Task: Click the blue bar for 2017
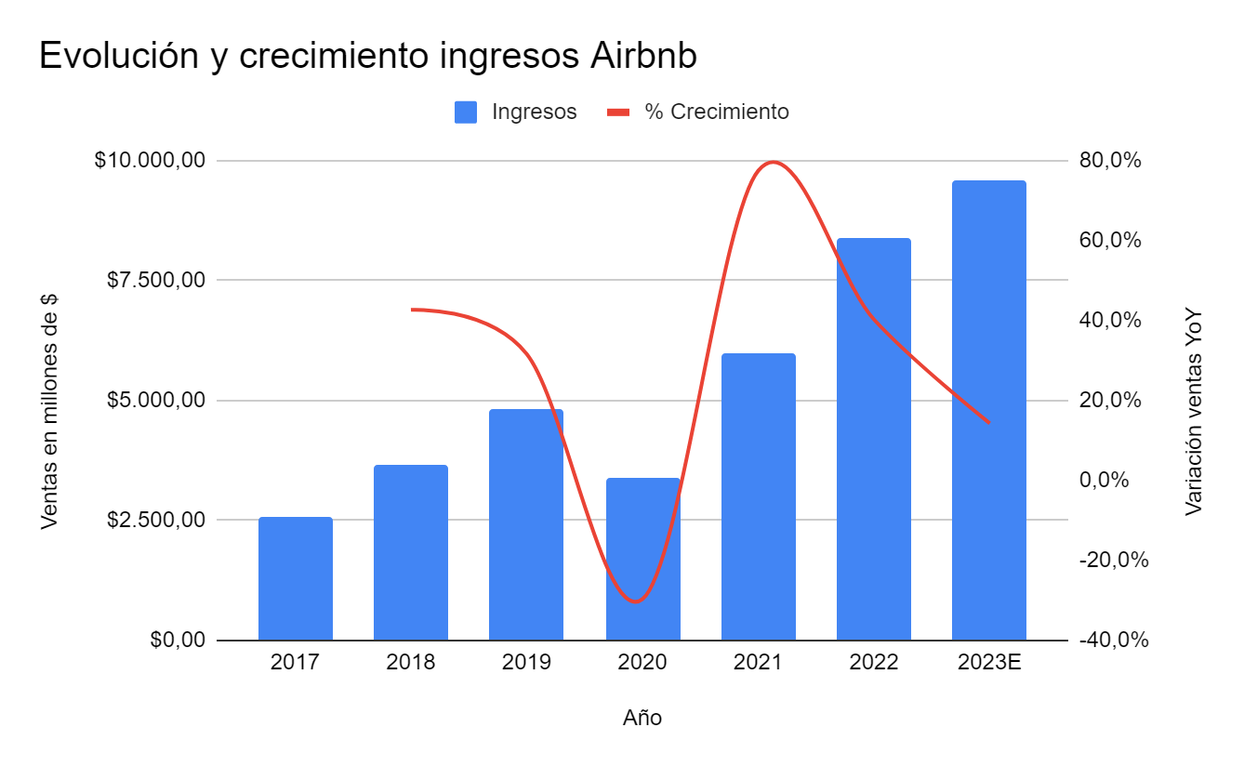coord(295,578)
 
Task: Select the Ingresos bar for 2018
coord(410,552)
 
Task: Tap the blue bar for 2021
coord(758,496)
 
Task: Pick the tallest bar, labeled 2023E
coord(988,410)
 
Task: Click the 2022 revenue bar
coord(873,439)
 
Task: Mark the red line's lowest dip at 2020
coord(636,602)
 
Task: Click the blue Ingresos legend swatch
coord(466,112)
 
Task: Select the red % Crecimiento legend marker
coord(618,112)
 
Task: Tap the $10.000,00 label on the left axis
coord(149,161)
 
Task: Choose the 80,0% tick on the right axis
coord(1109,161)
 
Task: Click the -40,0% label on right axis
coord(1113,640)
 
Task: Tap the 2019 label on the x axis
coord(526,663)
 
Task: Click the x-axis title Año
coord(642,718)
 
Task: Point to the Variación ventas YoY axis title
coord(1194,412)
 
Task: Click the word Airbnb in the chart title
coord(643,57)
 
